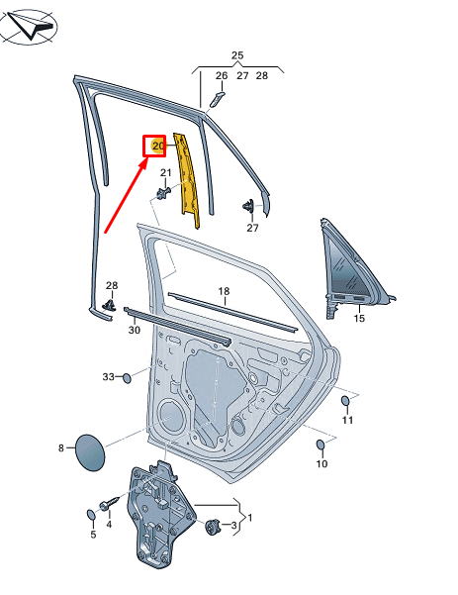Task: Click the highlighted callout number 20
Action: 158,146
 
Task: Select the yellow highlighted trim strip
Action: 187,180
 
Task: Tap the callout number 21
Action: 165,173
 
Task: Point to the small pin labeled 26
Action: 217,99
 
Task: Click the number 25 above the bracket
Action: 237,55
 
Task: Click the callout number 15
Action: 359,318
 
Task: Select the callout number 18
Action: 224,291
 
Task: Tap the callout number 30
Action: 135,330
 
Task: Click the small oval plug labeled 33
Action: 127,378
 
